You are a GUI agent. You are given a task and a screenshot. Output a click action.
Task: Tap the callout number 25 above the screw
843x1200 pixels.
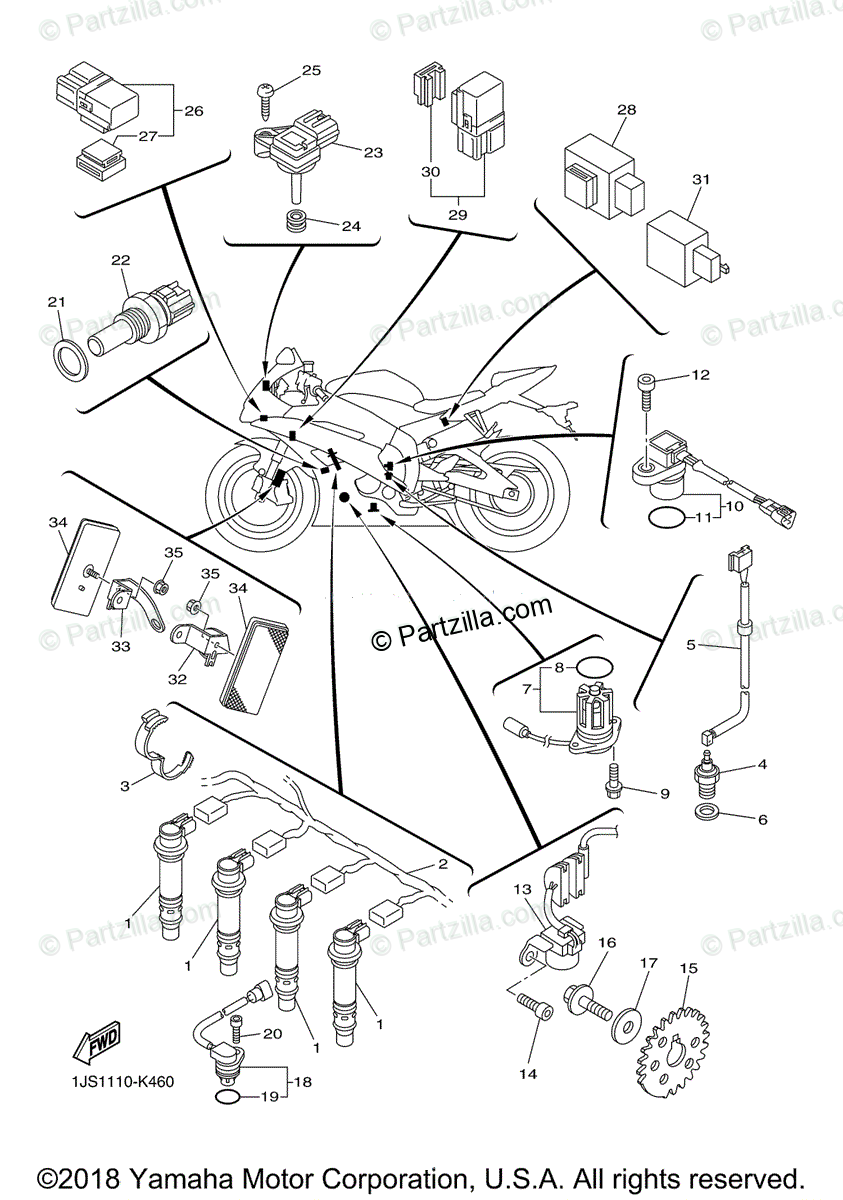tap(311, 71)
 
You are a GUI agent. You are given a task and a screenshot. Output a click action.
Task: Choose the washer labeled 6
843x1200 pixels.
tap(708, 809)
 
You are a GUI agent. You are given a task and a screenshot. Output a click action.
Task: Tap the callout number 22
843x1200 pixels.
tap(121, 260)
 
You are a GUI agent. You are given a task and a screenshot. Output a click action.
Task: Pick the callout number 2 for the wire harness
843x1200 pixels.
tap(441, 863)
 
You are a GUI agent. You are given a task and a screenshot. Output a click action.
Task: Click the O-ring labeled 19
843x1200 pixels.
tap(228, 1098)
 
